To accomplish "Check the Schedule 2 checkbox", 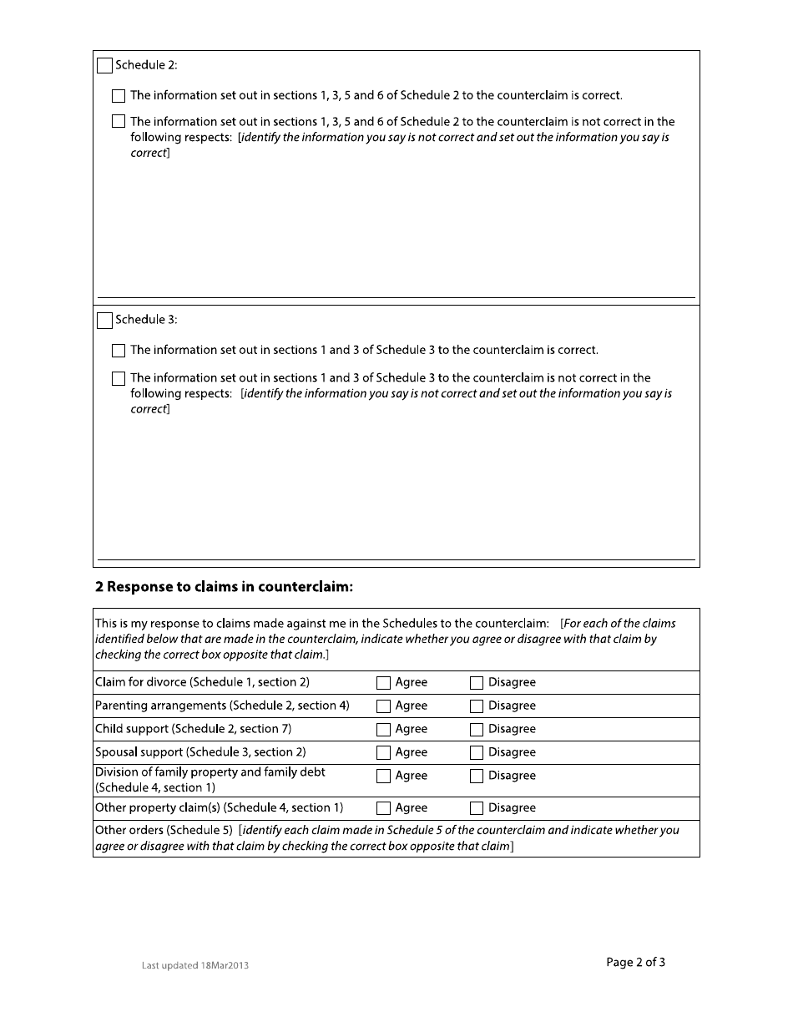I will (x=104, y=66).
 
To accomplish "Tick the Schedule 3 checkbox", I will (x=104, y=321).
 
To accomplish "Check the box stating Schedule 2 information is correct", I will (x=119, y=96).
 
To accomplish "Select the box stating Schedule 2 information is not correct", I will (x=119, y=122).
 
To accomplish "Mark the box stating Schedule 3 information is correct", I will (x=119, y=351).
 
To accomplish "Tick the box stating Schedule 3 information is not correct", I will (x=119, y=378).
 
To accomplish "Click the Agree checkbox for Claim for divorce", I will (x=383, y=683).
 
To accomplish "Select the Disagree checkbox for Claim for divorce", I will (x=477, y=683).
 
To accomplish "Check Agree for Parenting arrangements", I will (x=383, y=706).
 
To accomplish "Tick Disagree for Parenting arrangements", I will (x=477, y=706).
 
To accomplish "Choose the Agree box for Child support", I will (x=383, y=730).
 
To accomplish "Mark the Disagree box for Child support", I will (x=477, y=730).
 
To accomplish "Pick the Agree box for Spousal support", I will (x=383, y=753).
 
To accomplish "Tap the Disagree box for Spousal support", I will (x=477, y=753).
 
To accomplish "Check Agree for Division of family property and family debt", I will (x=383, y=777).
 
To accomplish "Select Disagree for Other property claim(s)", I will (x=477, y=808).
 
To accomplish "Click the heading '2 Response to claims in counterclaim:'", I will (x=224, y=587).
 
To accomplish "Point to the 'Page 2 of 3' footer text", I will (x=635, y=962).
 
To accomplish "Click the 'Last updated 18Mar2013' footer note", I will (x=195, y=965).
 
